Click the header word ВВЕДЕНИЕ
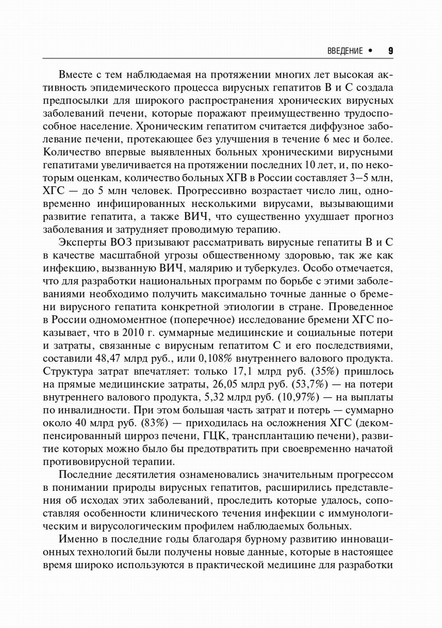click(x=345, y=51)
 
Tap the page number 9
click(x=391, y=51)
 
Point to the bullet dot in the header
click(x=370, y=51)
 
